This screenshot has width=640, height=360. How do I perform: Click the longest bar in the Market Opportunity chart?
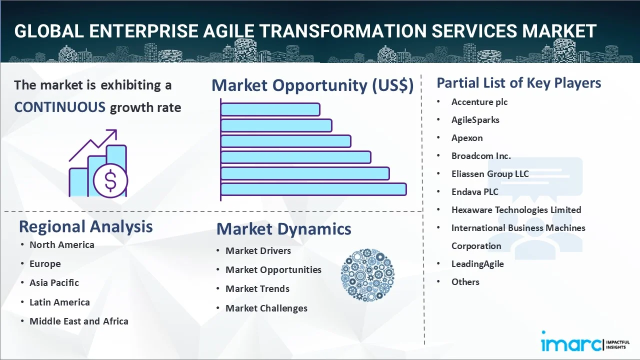pos(313,189)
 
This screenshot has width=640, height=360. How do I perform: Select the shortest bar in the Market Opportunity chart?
pos(270,109)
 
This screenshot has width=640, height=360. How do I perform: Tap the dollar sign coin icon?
pos(110,181)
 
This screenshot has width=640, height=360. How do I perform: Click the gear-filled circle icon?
pos(367,275)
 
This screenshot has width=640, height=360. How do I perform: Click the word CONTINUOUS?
pos(59,107)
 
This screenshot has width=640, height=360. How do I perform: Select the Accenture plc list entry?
pos(479,102)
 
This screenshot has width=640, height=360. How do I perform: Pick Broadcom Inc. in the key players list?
pos(481,156)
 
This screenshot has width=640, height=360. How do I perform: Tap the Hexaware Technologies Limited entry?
pos(516,210)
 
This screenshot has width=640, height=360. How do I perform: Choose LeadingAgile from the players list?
pos(477,264)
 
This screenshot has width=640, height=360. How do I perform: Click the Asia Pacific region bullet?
pos(54,283)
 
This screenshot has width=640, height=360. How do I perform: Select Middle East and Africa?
pos(78,321)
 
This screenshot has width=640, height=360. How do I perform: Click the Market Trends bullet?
pos(257,289)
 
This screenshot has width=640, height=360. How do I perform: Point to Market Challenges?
pos(266,308)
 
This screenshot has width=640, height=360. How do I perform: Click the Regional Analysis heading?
pos(85,226)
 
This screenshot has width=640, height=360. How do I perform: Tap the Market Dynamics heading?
pos(283,229)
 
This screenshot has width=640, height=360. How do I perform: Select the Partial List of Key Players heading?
pos(518,83)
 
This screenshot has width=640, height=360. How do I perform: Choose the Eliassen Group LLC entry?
pos(489,174)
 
